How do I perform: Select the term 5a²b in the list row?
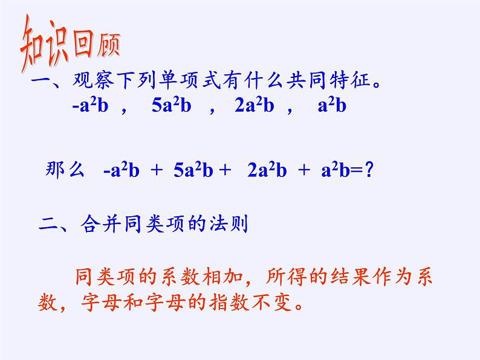pyautogui.click(x=172, y=106)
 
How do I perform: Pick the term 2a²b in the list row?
pyautogui.click(x=254, y=106)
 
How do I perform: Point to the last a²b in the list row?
pyautogui.click(x=331, y=106)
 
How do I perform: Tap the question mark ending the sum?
pyautogui.click(x=368, y=171)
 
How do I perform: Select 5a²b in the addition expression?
pyautogui.click(x=193, y=171)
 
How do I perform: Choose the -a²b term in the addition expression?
pyautogui.click(x=121, y=171)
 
